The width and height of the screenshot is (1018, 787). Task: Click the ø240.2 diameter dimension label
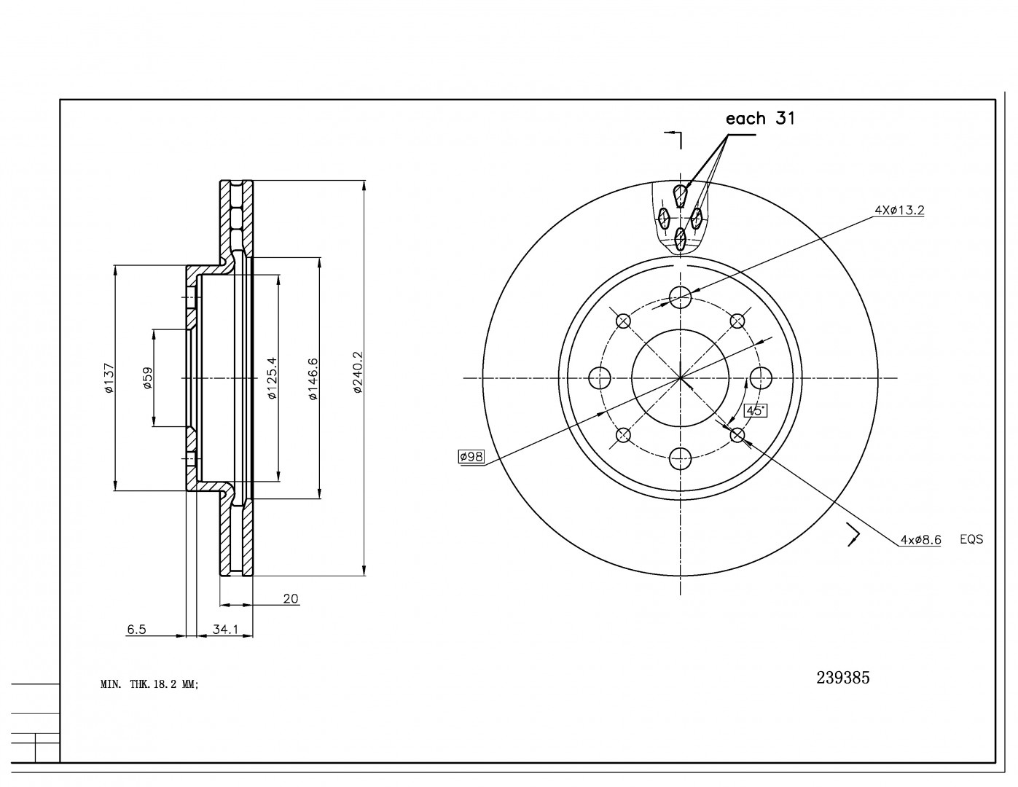[358, 372]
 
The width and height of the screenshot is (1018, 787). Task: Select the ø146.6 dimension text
[313, 379]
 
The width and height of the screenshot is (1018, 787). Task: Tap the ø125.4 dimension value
[272, 378]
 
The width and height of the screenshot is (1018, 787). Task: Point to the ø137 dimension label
[109, 378]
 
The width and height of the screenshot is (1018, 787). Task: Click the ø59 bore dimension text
[148, 378]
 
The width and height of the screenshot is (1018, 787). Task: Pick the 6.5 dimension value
[136, 630]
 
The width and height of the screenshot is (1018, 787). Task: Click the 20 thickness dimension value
[291, 599]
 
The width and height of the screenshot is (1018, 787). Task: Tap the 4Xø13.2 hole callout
[899, 211]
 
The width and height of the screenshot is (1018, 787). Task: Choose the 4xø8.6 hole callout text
[920, 540]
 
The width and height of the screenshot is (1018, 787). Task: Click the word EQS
[971, 540]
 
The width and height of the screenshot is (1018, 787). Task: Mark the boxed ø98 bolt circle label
[471, 457]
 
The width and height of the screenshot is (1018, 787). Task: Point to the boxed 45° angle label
[754, 410]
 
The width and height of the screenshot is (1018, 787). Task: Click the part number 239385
[842, 678]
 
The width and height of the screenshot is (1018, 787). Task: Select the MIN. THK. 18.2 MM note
[149, 684]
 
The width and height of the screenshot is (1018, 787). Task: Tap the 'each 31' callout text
[760, 118]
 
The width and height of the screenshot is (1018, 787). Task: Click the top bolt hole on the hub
[680, 297]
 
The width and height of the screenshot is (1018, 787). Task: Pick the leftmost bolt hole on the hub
[599, 377]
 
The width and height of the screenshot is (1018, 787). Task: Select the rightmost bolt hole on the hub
[761, 377]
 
